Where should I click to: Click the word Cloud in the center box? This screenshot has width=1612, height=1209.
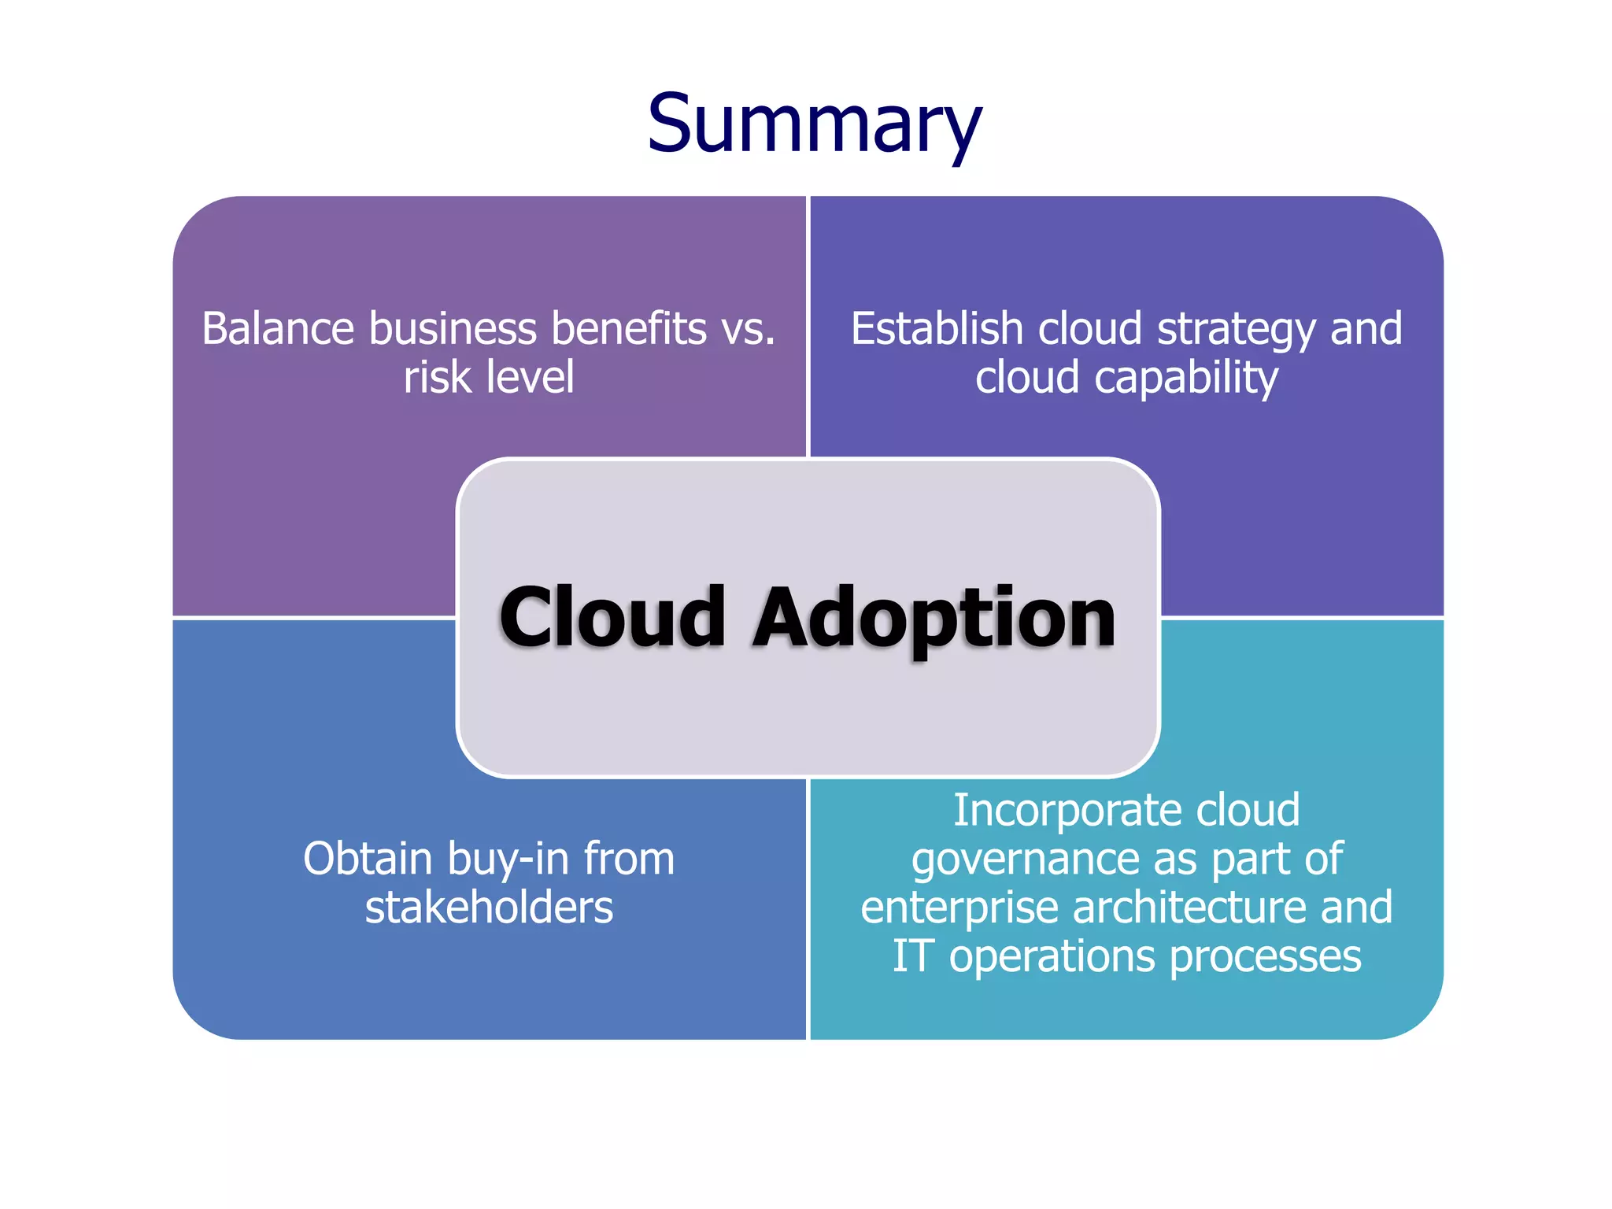click(x=612, y=619)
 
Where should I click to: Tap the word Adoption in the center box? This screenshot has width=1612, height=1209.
click(x=934, y=620)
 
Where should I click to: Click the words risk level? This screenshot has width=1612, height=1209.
click(x=489, y=377)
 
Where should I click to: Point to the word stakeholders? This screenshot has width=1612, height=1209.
click(x=489, y=908)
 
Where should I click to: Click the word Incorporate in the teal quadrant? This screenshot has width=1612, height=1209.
click(x=1063, y=811)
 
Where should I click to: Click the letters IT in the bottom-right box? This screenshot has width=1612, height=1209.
click(x=911, y=956)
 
